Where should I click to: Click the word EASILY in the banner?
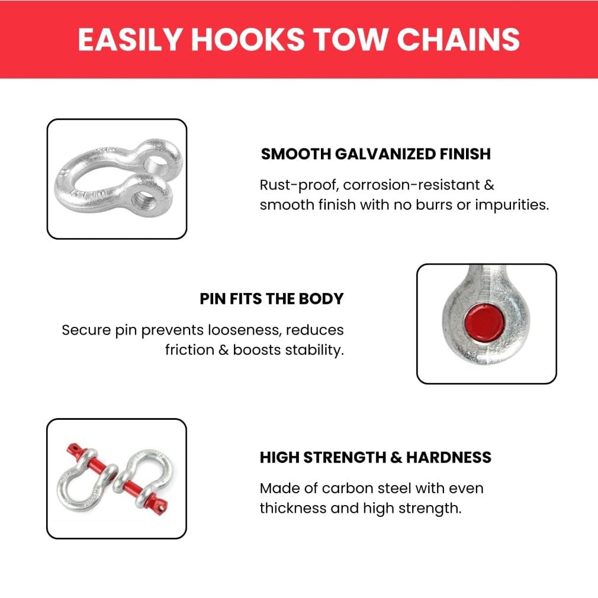pyautogui.click(x=130, y=39)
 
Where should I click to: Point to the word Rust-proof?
pyautogui.click(x=300, y=185)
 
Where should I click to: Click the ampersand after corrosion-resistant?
pyautogui.click(x=489, y=185)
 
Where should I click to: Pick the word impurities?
pyautogui.click(x=512, y=205)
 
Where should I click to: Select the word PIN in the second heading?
pyautogui.click(x=213, y=299)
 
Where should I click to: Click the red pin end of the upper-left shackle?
pyautogui.click(x=75, y=450)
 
